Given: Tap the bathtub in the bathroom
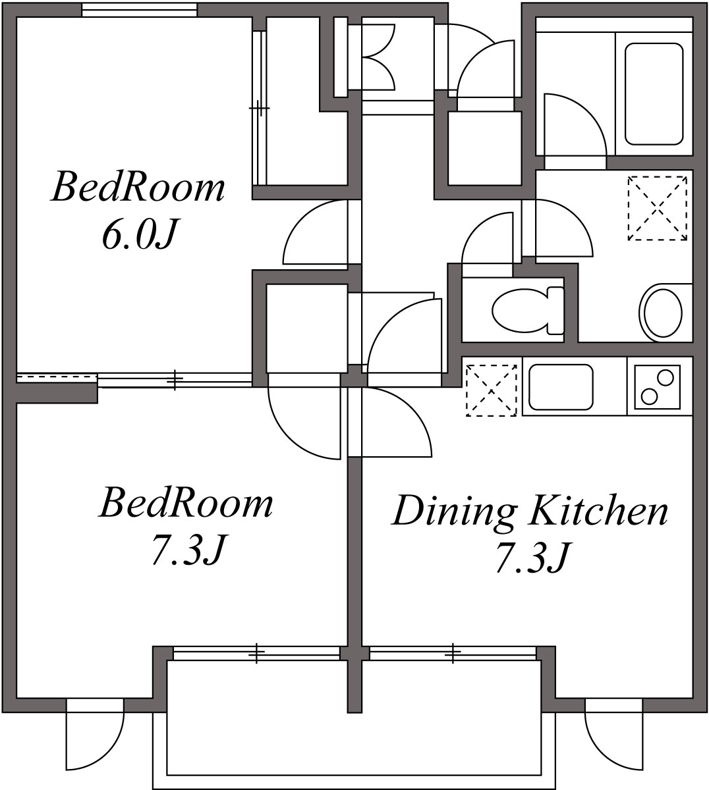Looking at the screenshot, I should [x=653, y=93].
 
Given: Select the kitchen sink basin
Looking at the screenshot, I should [x=561, y=386].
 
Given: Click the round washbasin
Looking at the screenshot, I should [x=662, y=312].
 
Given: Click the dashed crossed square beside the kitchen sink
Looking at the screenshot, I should [x=491, y=390].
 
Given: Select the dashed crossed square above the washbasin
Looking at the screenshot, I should [x=658, y=208].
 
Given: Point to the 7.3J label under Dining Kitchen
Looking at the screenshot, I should [x=531, y=558].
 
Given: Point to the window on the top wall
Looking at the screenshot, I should [x=139, y=10].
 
